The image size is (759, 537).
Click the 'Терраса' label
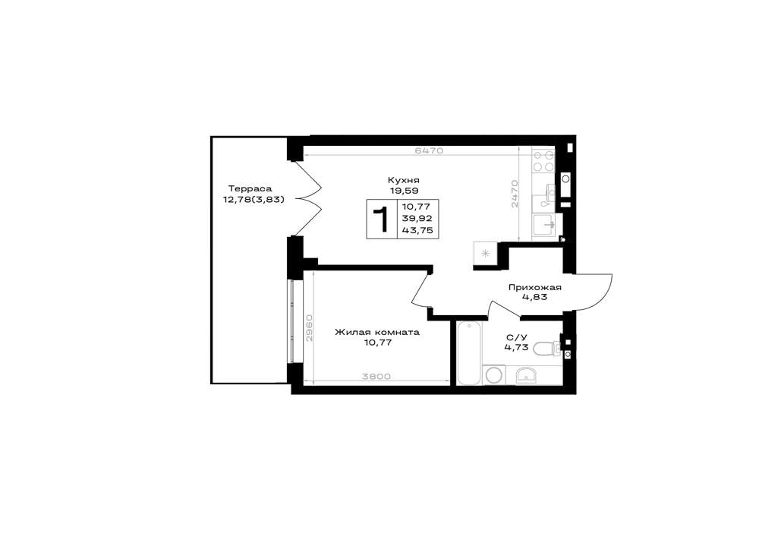click(x=250, y=189)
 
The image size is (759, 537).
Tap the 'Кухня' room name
click(x=403, y=181)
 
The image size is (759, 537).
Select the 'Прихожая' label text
click(x=534, y=288)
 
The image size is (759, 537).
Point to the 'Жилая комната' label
click(x=377, y=333)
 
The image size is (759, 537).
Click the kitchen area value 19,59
click(x=403, y=191)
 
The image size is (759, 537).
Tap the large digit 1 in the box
click(x=382, y=220)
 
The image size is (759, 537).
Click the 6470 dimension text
click(x=430, y=150)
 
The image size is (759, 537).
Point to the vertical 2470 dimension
click(x=515, y=194)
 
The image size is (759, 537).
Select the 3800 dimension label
click(x=376, y=376)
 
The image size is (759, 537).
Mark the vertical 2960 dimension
click(x=310, y=328)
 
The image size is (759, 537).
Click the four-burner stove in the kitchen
click(x=543, y=161)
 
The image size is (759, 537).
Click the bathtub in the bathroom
click(x=470, y=353)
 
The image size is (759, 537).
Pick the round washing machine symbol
click(x=495, y=375)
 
